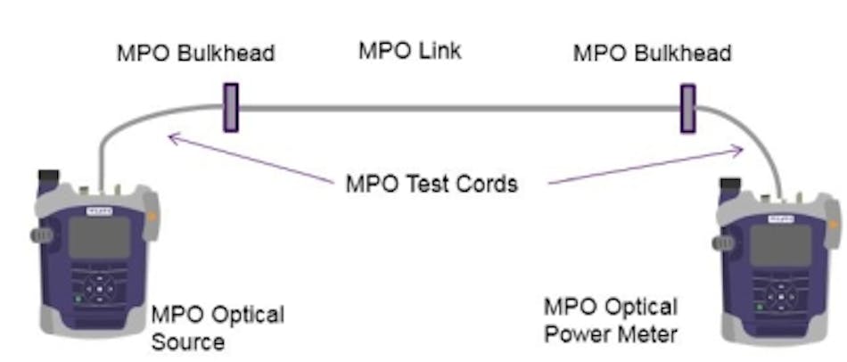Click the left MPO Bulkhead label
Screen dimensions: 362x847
[195, 53]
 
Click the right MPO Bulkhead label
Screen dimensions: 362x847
[652, 53]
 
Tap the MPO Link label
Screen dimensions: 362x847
[410, 51]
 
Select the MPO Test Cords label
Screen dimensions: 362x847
[431, 185]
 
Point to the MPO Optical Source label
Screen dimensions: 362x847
[218, 327]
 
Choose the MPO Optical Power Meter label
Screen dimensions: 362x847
[611, 321]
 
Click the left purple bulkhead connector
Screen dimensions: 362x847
[230, 108]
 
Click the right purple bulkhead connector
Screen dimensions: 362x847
[687, 108]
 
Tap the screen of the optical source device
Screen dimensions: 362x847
[97, 237]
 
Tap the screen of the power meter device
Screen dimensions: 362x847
[780, 244]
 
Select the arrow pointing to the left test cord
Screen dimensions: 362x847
[250, 158]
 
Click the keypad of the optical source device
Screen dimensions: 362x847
[101, 288]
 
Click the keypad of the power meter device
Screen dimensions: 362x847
[779, 295]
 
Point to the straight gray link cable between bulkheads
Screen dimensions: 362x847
[458, 108]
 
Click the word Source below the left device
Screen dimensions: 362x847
[187, 341]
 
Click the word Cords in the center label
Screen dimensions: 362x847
[487, 185]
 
